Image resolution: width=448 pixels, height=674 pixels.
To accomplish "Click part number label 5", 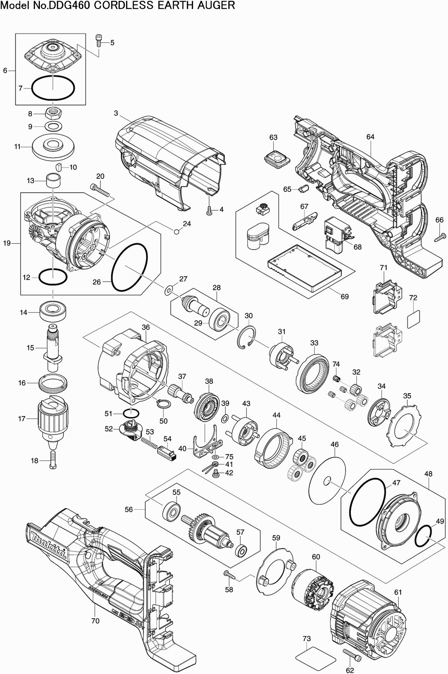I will pos(112,42).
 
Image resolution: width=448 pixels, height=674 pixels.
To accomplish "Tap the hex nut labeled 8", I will pos(53,112).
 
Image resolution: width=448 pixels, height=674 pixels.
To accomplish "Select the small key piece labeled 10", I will pos(59,167).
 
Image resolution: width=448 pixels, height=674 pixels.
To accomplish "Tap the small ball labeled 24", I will pos(177,232).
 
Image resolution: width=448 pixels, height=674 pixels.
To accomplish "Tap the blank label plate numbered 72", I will pos(414,318).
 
